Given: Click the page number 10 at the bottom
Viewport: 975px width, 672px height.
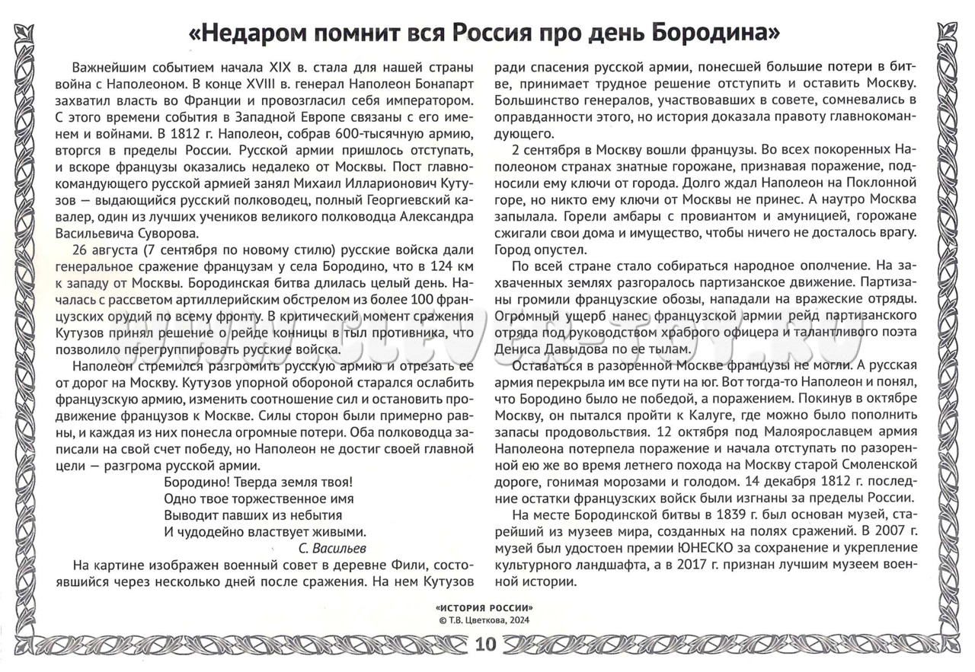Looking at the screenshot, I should [485, 645].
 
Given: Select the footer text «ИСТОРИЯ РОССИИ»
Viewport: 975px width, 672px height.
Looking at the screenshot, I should [484, 608].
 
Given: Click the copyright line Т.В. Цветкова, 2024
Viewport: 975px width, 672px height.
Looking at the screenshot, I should [487, 620].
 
